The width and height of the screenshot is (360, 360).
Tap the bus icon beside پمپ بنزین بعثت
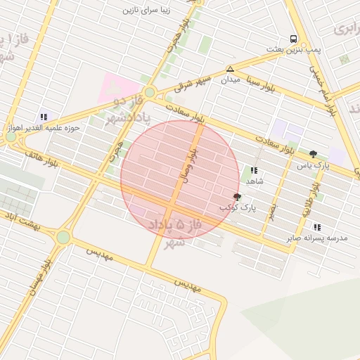(x=292, y=39)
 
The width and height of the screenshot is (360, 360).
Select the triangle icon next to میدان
(x=230, y=69)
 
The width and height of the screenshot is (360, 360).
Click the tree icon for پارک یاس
(x=313, y=154)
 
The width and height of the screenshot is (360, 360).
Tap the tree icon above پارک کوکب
(x=237, y=197)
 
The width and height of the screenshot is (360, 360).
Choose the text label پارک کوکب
(x=238, y=208)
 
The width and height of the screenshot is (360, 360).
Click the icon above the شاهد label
(x=253, y=170)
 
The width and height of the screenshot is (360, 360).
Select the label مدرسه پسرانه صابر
(x=317, y=238)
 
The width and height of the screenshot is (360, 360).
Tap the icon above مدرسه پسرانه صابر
(x=317, y=227)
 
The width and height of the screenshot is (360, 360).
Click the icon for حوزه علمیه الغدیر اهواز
(x=44, y=117)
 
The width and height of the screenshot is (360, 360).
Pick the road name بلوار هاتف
(x=41, y=157)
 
